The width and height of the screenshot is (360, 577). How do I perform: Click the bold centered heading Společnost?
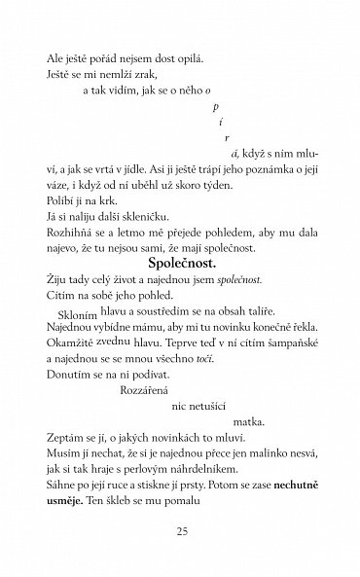pos(180,291)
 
